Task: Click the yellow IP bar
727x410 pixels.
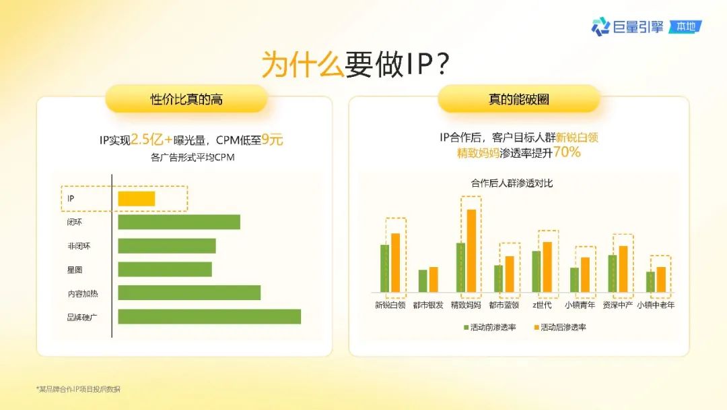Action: [136, 199]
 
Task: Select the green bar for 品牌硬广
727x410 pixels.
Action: [209, 317]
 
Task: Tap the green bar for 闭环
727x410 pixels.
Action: [179, 222]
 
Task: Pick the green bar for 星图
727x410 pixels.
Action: [165, 269]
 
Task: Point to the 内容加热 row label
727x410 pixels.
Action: [83, 293]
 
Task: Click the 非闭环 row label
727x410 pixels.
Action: [79, 246]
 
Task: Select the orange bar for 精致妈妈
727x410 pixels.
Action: [471, 251]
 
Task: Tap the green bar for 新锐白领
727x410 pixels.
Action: [385, 268]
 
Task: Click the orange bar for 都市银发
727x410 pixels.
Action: [434, 280]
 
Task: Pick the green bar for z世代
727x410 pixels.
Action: [536, 272]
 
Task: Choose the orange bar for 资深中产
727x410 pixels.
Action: [623, 269]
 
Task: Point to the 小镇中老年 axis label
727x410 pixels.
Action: [656, 305]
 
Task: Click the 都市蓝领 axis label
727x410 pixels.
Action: [504, 305]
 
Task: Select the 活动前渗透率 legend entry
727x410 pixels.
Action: [490, 327]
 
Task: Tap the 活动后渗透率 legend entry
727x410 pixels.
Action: [560, 327]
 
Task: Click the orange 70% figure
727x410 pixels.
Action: [567, 152]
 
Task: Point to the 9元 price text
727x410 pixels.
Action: [272, 140]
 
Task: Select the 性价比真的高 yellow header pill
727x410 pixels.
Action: [186, 99]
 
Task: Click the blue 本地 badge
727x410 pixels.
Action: [685, 27]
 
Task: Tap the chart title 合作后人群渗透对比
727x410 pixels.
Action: [512, 183]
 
